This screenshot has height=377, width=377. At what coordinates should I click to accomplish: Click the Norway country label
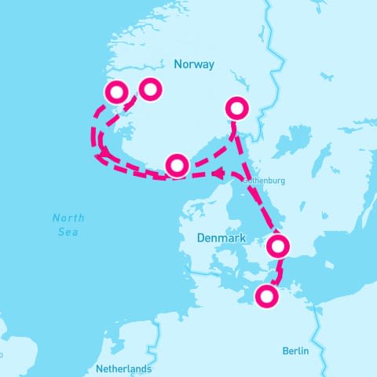pyautogui.click(x=194, y=64)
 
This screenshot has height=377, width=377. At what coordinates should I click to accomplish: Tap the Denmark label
pyautogui.click(x=221, y=238)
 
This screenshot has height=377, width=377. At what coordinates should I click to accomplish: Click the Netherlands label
pyautogui.click(x=123, y=368)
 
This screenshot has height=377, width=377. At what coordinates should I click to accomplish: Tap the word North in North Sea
pyautogui.click(x=68, y=218)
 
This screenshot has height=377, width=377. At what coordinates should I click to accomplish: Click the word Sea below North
pyautogui.click(x=68, y=232)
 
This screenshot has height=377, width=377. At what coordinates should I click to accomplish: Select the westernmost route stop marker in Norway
pyautogui.click(x=116, y=93)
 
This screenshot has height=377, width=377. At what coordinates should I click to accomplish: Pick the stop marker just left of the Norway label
pyautogui.click(x=149, y=90)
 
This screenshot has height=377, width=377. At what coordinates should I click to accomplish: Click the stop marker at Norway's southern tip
pyautogui.click(x=178, y=165)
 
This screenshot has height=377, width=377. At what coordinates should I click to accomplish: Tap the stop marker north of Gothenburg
pyautogui.click(x=236, y=108)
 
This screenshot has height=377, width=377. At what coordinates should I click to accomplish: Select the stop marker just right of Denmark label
pyautogui.click(x=279, y=247)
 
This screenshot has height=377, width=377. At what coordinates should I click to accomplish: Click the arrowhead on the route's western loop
pyautogui.click(x=103, y=150)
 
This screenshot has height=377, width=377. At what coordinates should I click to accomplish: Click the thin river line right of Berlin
pyautogui.click(x=318, y=330)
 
